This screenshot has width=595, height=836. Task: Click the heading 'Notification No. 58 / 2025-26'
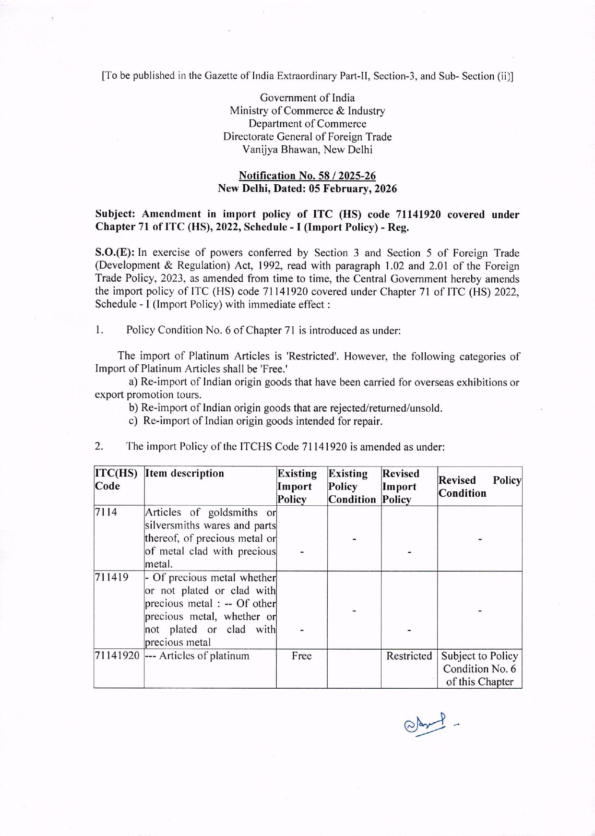[307, 176]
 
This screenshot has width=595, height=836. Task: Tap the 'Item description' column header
[185, 474]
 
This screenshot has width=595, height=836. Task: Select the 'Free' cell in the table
[301, 656]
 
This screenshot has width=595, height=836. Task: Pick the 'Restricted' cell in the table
[409, 656]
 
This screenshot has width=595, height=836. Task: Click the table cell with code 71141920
[118, 656]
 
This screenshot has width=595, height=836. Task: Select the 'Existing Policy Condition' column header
[352, 486]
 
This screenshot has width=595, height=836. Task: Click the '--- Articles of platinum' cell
[198, 656]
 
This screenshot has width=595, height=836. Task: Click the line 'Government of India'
[307, 98]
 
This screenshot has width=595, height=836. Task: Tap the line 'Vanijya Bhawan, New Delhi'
[307, 149]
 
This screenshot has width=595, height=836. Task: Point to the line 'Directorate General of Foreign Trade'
[307, 137]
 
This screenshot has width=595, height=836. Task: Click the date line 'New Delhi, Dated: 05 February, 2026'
[307, 189]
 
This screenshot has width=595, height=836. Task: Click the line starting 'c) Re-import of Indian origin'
[255, 421]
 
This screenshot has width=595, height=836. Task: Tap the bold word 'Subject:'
[116, 215]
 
